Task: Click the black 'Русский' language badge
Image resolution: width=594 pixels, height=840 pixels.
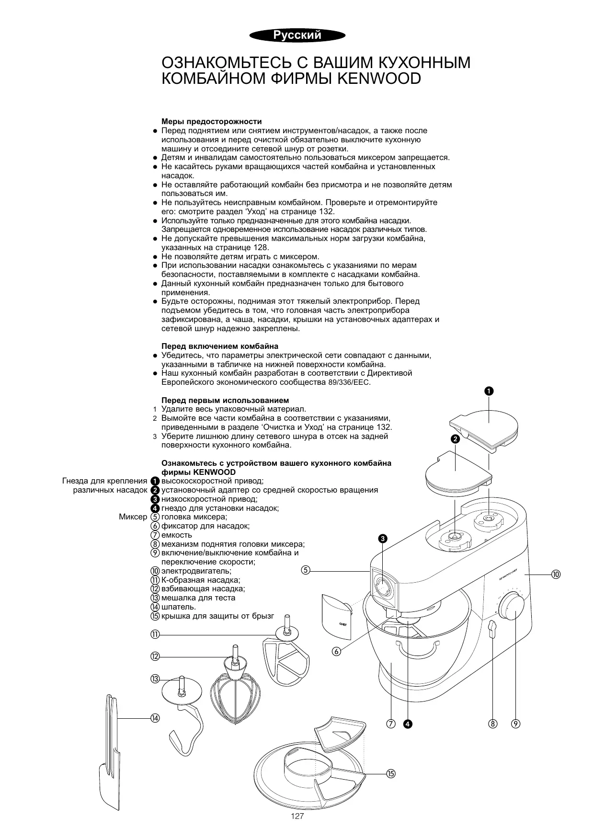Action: point(297,35)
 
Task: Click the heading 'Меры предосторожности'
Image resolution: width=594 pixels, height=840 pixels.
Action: point(211,121)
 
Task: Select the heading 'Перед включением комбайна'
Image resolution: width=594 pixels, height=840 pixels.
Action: point(220,346)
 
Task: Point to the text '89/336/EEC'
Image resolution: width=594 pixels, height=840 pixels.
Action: point(350,382)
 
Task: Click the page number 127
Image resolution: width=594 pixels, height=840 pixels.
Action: point(297,817)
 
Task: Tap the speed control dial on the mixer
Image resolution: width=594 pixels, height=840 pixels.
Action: point(512,606)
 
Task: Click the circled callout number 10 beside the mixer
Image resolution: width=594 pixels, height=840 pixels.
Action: point(556,574)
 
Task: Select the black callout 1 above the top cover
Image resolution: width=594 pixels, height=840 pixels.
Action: point(488,391)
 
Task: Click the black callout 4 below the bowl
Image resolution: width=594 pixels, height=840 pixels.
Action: point(408,724)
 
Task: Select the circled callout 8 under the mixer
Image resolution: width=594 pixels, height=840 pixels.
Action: point(492,724)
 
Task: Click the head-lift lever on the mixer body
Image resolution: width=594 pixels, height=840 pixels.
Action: point(492,629)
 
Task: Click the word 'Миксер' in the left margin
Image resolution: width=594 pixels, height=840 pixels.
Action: point(133,517)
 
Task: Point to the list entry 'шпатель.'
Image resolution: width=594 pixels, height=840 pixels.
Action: point(179,607)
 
